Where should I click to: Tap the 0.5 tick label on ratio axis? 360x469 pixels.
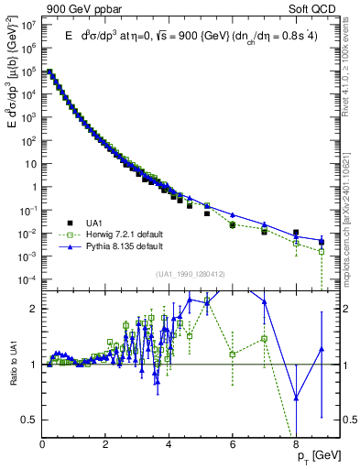click(28, 420)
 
